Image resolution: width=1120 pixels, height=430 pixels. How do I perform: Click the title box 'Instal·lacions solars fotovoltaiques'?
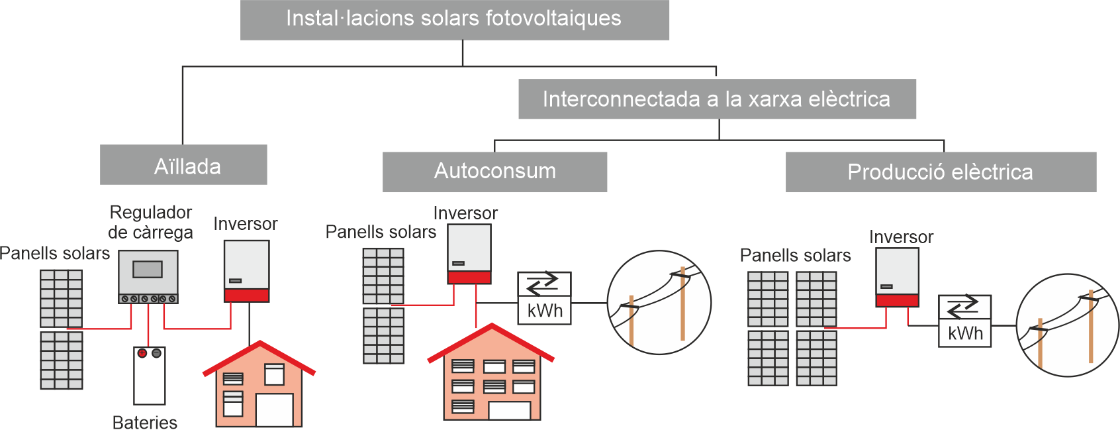(454, 20)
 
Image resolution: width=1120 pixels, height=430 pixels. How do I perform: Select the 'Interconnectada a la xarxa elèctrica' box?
(717, 99)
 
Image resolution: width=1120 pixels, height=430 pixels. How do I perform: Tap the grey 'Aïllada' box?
(183, 165)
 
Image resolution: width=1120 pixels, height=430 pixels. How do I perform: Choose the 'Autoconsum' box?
(494, 172)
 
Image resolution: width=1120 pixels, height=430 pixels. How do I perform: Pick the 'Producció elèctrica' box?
(940, 172)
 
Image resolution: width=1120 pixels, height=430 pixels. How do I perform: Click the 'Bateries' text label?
(145, 422)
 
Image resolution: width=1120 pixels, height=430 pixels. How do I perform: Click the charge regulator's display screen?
(148, 269)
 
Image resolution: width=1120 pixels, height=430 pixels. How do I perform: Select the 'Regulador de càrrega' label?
(150, 222)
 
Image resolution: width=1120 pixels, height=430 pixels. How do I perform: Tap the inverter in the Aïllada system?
(246, 271)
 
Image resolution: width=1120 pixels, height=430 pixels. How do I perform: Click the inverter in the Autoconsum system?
(469, 254)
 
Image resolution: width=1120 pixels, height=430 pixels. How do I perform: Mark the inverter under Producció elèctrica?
(897, 277)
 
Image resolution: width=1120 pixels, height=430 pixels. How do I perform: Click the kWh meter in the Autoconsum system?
(544, 298)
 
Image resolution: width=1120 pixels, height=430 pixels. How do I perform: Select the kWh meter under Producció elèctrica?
(964, 321)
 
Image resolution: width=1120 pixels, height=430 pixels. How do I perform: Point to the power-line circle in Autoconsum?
(659, 302)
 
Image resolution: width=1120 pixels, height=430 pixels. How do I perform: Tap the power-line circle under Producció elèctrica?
(1067, 325)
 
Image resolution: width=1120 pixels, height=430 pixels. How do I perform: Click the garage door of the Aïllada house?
(275, 410)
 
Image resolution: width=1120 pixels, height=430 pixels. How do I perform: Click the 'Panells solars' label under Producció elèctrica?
(795, 255)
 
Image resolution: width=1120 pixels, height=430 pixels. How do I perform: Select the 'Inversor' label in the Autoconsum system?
(465, 213)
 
